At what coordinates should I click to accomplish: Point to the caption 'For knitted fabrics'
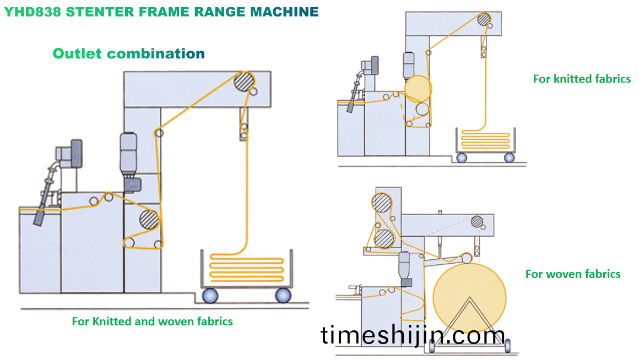click(x=582, y=79)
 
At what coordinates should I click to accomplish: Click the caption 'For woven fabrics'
click(x=573, y=274)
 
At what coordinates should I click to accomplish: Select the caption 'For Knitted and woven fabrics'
click(x=153, y=321)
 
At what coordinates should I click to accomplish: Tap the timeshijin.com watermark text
click(x=413, y=335)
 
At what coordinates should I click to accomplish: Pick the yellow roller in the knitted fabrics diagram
click(x=418, y=89)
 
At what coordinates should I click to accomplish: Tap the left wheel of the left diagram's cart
click(x=210, y=296)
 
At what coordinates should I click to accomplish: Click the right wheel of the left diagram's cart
click(x=283, y=296)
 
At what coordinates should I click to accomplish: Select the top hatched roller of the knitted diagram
click(x=485, y=19)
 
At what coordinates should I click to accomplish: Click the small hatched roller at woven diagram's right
click(x=477, y=222)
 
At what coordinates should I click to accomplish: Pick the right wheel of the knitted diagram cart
click(x=509, y=157)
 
